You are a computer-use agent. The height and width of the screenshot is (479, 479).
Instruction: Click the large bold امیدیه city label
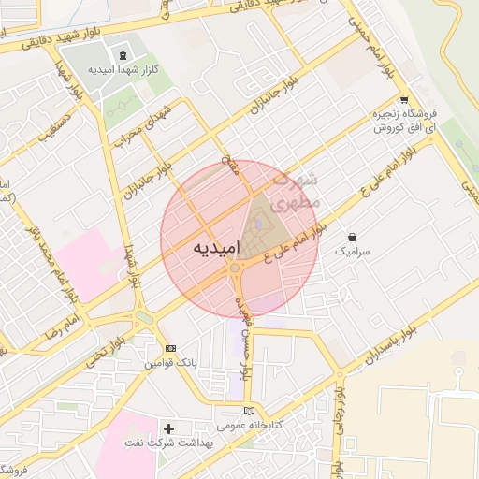pos(216,248)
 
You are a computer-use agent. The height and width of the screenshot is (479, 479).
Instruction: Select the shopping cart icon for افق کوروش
pos(403,100)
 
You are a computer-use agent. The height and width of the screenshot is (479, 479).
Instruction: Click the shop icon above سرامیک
pos(352,238)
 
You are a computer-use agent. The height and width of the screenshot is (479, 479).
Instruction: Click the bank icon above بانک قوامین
pos(169,348)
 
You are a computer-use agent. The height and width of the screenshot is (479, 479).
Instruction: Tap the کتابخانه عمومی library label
pos(246,425)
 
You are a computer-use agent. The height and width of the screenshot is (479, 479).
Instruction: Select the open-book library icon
pos(248,409)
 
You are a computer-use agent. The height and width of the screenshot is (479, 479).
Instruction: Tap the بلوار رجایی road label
pos(341,412)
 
